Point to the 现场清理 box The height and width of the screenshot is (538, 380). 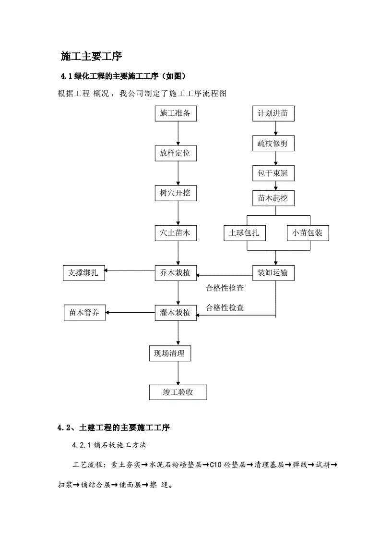pos(169,354)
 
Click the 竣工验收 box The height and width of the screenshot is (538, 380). pos(178,392)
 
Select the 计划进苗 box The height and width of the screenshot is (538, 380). pos(273,114)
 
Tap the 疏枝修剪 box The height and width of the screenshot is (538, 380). pos(273,143)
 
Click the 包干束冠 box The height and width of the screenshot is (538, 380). pos(273,173)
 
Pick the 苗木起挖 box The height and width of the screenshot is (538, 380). pos(273,198)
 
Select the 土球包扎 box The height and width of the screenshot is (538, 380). pos(245,233)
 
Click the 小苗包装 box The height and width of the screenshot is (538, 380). pos(308,233)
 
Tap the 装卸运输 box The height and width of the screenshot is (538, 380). pos(273,273)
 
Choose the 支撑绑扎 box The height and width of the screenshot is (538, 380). pos(84,273)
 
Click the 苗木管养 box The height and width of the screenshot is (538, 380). pos(84,313)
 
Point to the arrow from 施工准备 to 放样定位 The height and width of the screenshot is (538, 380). pos(178,134)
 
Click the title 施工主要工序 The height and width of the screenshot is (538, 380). pos(91,56)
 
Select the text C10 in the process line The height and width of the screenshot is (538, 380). pos(216,465)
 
